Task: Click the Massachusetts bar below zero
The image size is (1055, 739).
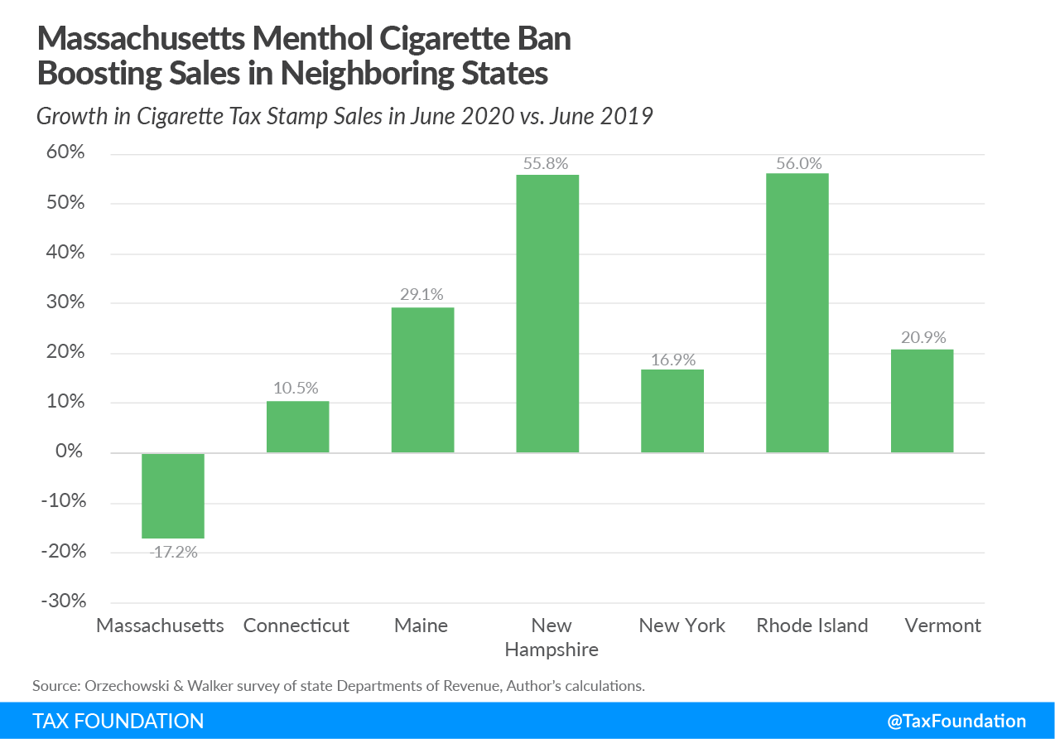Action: tap(173, 495)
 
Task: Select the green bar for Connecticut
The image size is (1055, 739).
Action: tap(297, 427)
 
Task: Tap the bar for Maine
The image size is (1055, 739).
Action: tap(422, 379)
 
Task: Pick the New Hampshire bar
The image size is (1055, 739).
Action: tap(547, 313)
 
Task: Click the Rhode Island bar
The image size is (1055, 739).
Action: tap(797, 312)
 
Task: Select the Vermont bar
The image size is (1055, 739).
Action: tap(922, 400)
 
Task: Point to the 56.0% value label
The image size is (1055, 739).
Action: tap(797, 162)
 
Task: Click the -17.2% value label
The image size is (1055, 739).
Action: tap(173, 552)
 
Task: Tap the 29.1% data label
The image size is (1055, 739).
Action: tap(422, 295)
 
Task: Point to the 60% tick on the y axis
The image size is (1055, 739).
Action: tap(62, 153)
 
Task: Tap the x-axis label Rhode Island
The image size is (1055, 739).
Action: tap(812, 625)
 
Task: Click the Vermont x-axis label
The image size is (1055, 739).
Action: tap(942, 625)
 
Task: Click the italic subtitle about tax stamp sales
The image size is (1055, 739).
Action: tap(344, 116)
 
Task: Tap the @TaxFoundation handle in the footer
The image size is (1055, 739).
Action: tap(956, 721)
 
